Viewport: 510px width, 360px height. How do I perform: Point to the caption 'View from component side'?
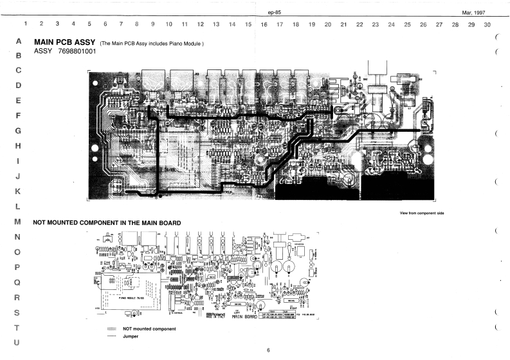pyautogui.click(x=422, y=213)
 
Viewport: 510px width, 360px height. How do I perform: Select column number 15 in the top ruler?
pyautogui.click(x=248, y=24)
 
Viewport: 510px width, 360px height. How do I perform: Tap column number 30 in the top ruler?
pyautogui.click(x=487, y=24)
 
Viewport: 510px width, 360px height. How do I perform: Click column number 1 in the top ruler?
pyautogui.click(x=26, y=24)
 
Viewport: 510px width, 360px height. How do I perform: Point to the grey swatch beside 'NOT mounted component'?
pyautogui.click(x=113, y=328)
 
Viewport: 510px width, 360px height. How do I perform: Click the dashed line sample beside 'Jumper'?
pyautogui.click(x=113, y=336)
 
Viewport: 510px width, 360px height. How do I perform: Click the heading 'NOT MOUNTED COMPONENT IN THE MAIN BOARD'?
pyautogui.click(x=106, y=222)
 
